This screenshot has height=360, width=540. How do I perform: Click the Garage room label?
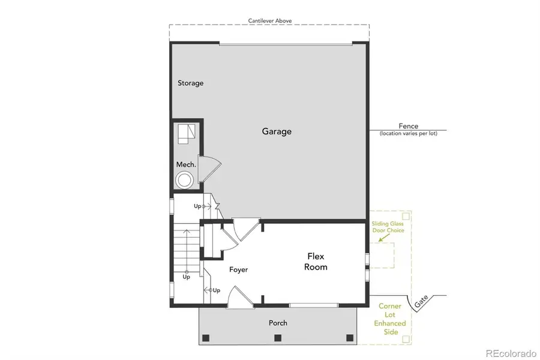coord(277,131)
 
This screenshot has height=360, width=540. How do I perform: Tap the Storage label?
coord(190,83)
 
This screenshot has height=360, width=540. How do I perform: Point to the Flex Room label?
coord(316,262)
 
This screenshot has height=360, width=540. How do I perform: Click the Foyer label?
coord(238,269)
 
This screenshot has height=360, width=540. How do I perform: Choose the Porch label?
coord(278,323)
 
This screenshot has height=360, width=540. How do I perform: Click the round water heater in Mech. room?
coord(184,179)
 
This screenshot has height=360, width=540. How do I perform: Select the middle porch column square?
coord(278,338)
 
